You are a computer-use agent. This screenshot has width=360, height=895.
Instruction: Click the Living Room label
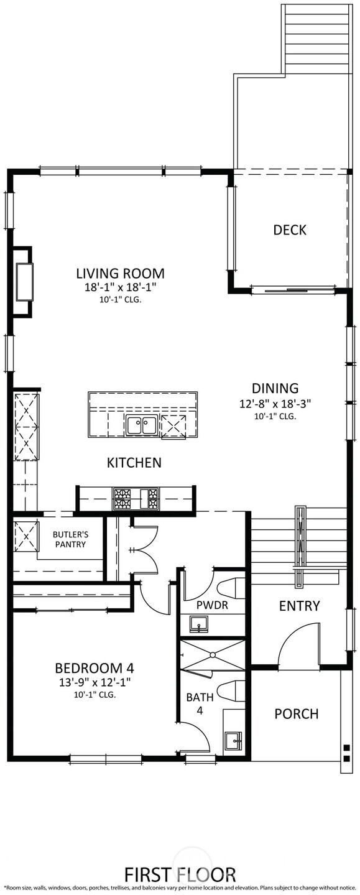coord(120,273)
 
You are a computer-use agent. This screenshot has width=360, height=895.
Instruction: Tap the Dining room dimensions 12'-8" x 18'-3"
coord(275,403)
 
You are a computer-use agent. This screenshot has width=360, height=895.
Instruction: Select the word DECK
coord(290,230)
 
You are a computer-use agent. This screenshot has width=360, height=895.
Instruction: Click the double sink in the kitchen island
coord(142,426)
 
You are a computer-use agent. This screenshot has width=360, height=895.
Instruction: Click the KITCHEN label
coord(134,463)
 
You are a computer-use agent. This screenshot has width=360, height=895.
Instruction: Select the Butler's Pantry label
coord(69,539)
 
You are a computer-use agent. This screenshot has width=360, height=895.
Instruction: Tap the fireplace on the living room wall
coord(24,282)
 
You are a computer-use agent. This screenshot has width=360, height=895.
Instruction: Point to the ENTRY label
coord(299,606)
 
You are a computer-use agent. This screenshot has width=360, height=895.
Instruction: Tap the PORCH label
coord(296,713)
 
